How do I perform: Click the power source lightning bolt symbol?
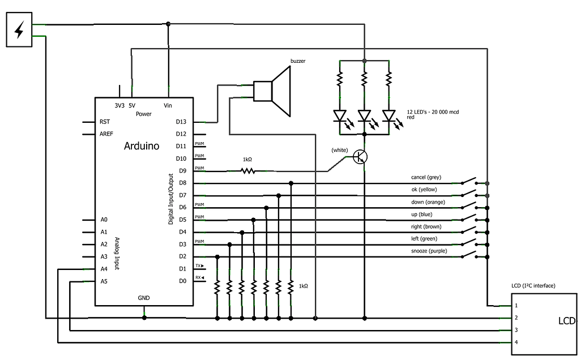click(19, 31)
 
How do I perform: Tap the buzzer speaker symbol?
click(272, 91)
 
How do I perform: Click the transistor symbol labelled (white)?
click(360, 157)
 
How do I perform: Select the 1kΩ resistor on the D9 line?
click(247, 170)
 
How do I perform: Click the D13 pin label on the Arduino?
click(181, 122)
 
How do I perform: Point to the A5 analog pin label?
click(104, 281)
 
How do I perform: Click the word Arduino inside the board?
click(142, 146)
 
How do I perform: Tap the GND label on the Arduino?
click(144, 298)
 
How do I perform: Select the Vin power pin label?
click(168, 105)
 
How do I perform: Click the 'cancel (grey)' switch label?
click(426, 177)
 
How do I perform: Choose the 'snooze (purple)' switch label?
click(429, 251)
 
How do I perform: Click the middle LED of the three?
click(364, 116)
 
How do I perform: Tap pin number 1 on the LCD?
click(516, 306)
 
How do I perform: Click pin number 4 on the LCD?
click(516, 342)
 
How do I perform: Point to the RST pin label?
click(105, 122)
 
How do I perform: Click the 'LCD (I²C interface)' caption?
click(533, 286)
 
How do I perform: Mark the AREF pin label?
click(106, 134)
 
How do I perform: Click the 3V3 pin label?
click(119, 105)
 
